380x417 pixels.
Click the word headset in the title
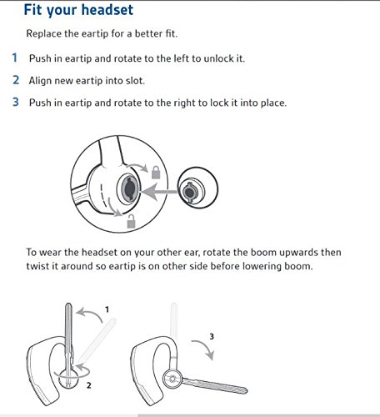tap(107, 10)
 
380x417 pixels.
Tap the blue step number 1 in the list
tap(15, 58)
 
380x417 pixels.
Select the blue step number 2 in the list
tap(16, 80)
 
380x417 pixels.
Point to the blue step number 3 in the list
tap(16, 102)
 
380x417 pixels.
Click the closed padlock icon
tap(156, 173)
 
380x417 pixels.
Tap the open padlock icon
tap(132, 221)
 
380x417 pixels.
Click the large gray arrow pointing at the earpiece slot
tap(159, 192)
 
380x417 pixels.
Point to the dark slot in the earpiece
tap(130, 189)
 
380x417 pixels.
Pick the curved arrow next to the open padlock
tap(113, 208)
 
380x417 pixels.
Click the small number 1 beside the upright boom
tap(107, 309)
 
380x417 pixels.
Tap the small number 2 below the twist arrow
tap(88, 385)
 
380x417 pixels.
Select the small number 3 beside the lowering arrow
tap(212, 337)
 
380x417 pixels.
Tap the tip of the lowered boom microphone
tap(244, 390)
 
